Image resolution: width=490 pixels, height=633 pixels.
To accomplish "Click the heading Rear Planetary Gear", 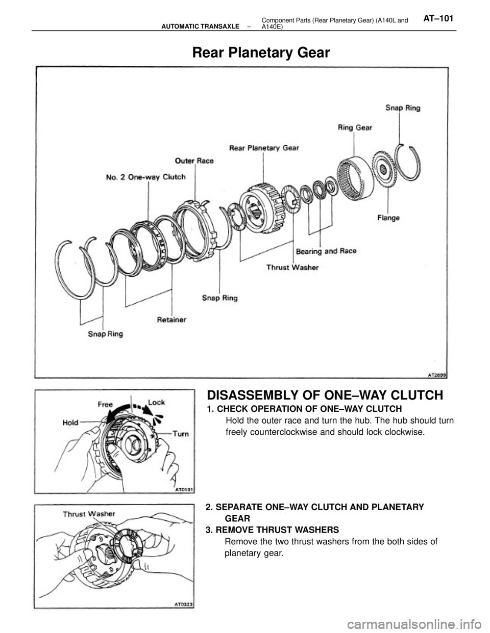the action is (x=261, y=52).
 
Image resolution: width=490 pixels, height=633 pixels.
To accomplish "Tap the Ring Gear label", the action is (x=355, y=127).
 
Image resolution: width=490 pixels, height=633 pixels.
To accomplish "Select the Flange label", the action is (x=388, y=218).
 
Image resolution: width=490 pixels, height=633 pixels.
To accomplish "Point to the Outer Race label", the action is (x=194, y=161).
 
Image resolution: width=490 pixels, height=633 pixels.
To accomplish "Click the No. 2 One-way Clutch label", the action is (x=146, y=177).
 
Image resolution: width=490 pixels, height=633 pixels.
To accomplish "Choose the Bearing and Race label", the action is (x=326, y=251).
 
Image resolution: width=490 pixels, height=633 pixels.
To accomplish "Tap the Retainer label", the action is (x=171, y=320).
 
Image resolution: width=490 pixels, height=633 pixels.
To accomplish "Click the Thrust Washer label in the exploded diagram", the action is (x=293, y=267).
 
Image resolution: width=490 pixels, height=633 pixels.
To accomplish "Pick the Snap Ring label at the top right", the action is (x=403, y=108).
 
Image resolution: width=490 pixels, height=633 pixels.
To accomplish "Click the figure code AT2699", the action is (x=437, y=376).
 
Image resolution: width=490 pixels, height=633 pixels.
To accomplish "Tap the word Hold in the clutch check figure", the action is (x=70, y=423).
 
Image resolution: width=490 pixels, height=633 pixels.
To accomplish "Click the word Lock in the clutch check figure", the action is (x=156, y=402).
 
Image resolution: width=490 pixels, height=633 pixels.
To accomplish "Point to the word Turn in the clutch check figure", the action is (x=181, y=434).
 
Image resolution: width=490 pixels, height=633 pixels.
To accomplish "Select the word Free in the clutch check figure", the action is (x=105, y=404).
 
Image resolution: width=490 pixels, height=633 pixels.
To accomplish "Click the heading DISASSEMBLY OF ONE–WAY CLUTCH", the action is (x=325, y=395).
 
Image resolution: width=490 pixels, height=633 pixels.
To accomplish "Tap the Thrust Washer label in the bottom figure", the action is (x=89, y=514).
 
